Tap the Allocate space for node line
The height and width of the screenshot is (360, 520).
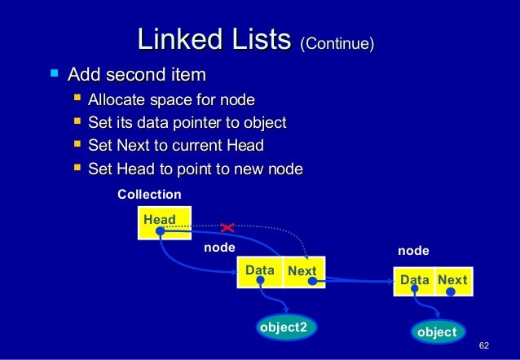tap(171, 100)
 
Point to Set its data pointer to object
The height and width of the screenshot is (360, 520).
tap(187, 123)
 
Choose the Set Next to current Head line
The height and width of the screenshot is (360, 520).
tap(176, 147)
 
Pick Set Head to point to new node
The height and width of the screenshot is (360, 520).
tap(196, 169)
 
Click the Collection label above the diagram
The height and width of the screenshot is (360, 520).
tap(149, 195)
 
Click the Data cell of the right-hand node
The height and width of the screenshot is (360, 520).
tap(414, 280)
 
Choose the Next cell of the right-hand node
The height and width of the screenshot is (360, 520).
tap(452, 280)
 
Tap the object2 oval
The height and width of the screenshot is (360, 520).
tap(284, 327)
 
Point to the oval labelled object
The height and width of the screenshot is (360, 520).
tap(437, 332)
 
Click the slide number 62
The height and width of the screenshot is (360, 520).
tap(484, 346)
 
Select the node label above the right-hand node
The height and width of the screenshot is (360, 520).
tap(412, 252)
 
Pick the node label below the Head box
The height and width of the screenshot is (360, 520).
tap(218, 246)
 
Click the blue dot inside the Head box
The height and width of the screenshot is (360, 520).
tap(161, 231)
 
